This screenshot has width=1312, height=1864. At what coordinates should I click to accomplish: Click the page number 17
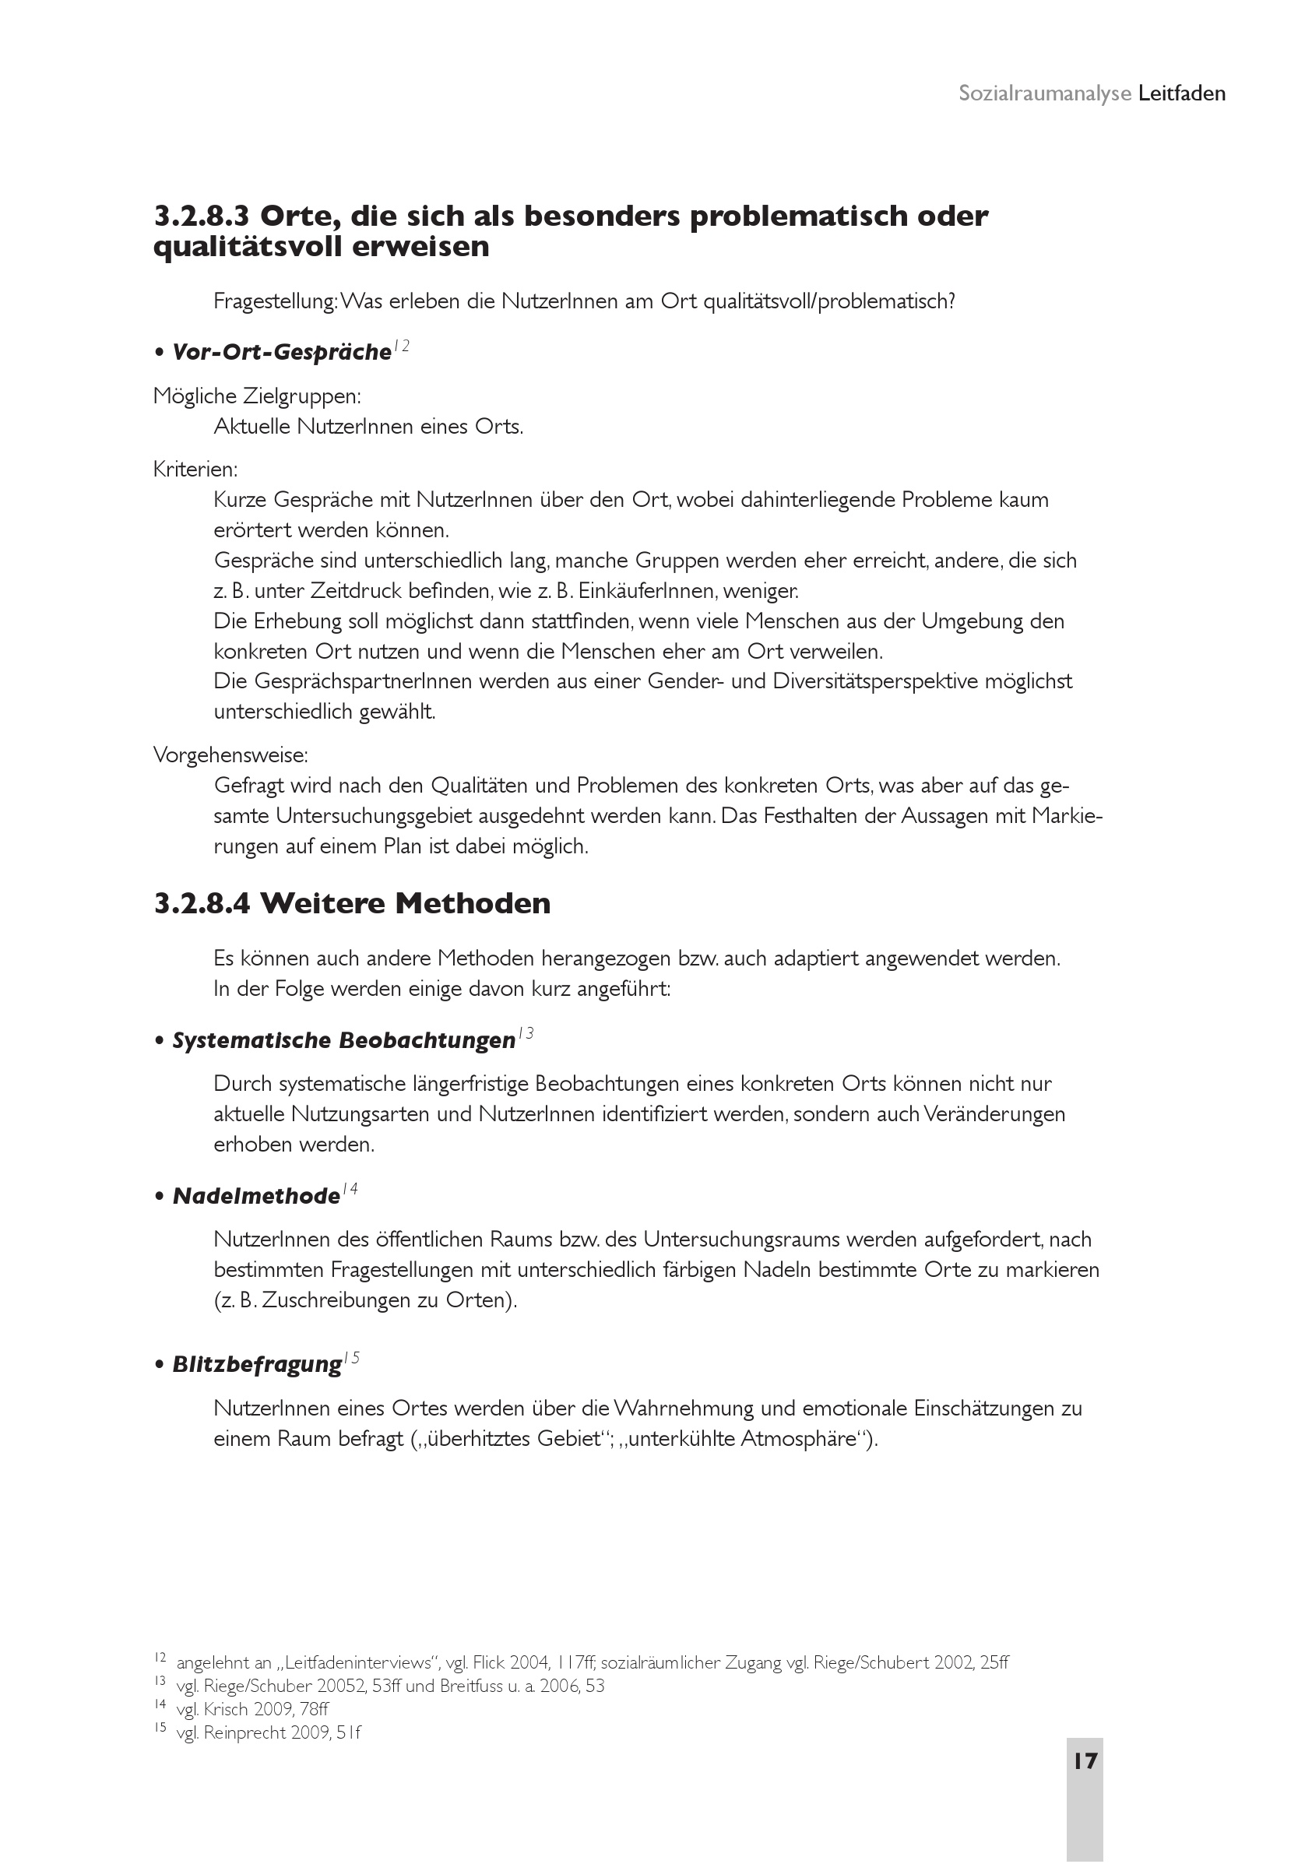point(1085,1761)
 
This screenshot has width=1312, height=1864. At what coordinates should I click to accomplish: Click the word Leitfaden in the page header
point(1181,93)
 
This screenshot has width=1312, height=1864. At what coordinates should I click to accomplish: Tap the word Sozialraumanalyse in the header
point(1044,93)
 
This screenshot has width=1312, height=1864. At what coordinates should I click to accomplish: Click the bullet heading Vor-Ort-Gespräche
point(282,353)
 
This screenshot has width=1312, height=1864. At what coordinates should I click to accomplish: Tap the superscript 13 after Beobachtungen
point(526,1033)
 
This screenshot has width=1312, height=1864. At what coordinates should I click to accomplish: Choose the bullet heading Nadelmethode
point(255,1196)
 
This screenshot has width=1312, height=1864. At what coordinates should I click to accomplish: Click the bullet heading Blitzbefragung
point(256,1364)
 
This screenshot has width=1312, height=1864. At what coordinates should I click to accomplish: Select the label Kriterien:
point(195,470)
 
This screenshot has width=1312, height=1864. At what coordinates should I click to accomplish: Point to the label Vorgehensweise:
point(230,755)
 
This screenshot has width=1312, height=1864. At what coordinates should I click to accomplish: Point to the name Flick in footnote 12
point(490,1662)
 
